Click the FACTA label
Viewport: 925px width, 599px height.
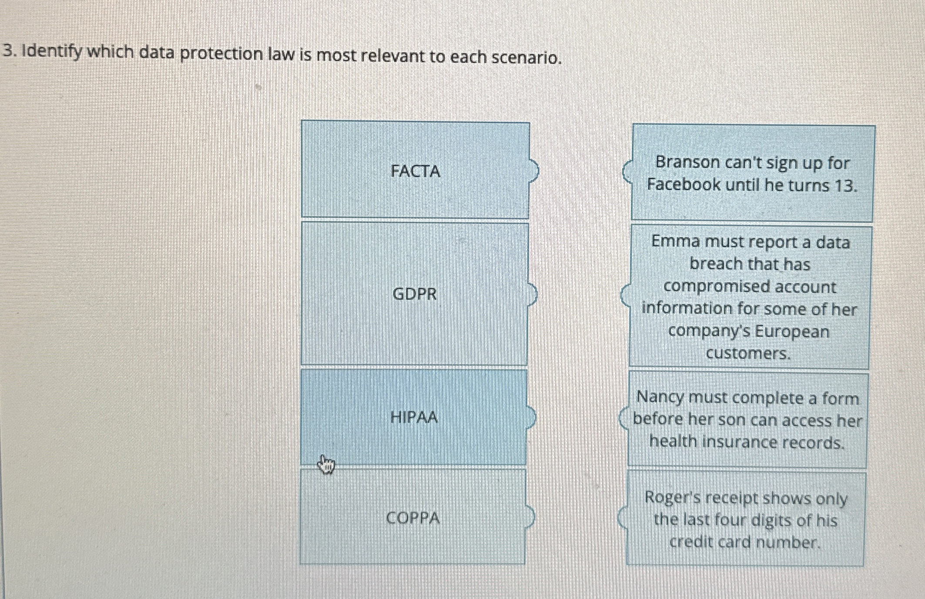415,171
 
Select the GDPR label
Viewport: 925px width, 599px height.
414,294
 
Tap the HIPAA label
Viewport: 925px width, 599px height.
414,417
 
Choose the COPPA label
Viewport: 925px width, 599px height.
413,518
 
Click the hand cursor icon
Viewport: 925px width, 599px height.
326,465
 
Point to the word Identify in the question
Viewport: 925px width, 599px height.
52,53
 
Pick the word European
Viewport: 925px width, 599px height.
792,331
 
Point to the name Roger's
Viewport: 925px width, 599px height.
668,497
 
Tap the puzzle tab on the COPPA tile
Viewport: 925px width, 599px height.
530,517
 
